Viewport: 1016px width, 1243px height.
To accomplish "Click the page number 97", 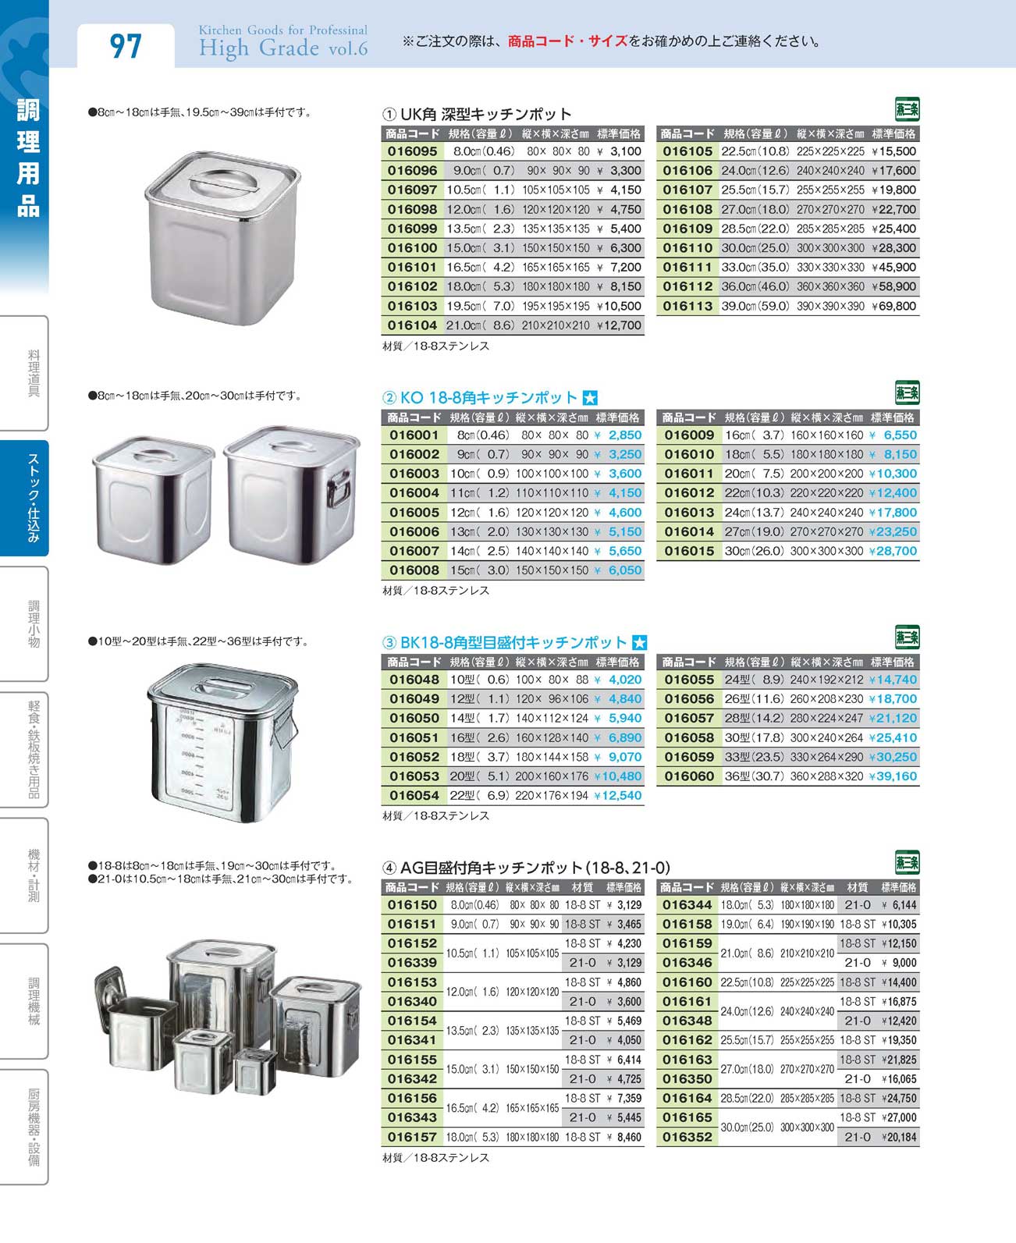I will click(126, 45).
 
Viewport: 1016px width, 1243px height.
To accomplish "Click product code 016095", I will click(412, 151).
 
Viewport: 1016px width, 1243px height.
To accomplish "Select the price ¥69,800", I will click(893, 306).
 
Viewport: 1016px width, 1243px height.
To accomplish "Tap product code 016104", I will click(412, 325).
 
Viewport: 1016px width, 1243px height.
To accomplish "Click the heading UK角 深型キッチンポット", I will click(485, 114).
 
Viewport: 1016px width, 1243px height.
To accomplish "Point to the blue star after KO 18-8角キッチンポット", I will click(590, 397).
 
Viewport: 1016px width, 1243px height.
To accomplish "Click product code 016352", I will click(687, 1137).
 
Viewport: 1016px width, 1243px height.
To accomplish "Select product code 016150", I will click(412, 905).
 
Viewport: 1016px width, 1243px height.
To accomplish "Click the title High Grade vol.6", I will click(282, 48).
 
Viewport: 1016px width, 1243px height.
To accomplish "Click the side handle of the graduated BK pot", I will click(284, 733).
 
